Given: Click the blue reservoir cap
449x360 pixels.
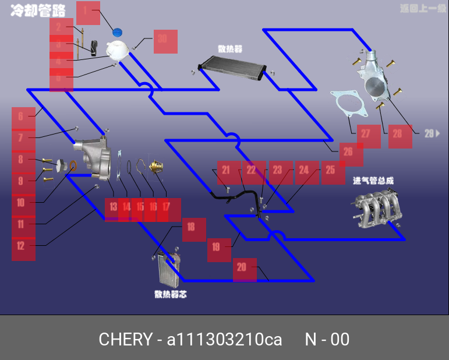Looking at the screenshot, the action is click(119, 32).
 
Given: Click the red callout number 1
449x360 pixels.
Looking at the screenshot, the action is click(87, 12).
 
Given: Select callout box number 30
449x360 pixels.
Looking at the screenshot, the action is click(165, 41).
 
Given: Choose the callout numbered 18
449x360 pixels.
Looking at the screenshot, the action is click(193, 229).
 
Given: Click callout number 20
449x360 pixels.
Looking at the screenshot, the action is click(244, 270).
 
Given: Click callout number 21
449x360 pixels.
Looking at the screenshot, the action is click(229, 172).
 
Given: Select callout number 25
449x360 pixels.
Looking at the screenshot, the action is click(333, 172).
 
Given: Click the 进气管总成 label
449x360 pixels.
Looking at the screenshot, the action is click(373, 181).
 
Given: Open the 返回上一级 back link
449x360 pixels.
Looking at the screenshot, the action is click(422, 9).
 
